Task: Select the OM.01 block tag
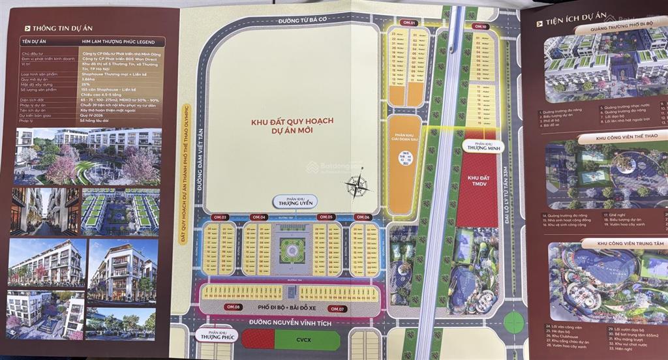[x=409, y=23]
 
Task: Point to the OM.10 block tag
[x=481, y=27]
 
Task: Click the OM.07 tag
[x=336, y=308]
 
